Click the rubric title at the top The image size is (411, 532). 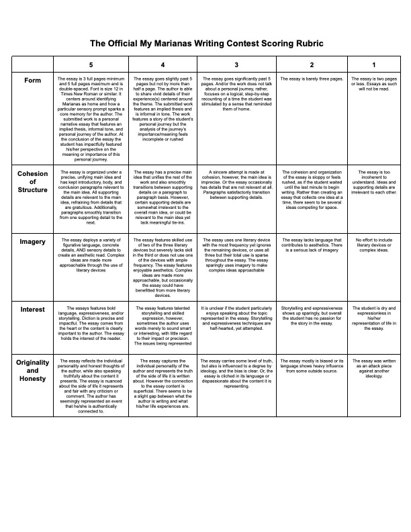click(x=206, y=42)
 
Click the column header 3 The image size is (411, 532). click(x=236, y=64)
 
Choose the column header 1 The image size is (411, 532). click(x=373, y=64)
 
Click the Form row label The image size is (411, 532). click(x=32, y=81)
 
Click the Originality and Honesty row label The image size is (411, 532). click(x=32, y=371)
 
